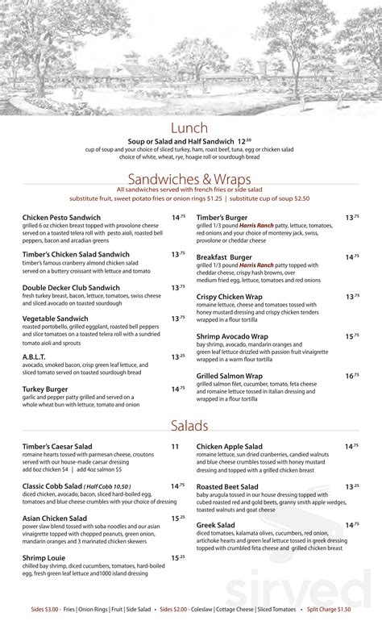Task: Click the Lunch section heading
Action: point(190,129)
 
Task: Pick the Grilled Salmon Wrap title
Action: point(230,375)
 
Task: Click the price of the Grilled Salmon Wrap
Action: point(351,375)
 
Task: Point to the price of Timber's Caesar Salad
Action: point(175,446)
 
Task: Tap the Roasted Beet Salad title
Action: point(227,486)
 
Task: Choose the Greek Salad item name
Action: point(215,524)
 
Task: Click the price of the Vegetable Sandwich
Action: point(178,318)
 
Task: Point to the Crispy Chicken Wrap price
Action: point(351,296)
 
